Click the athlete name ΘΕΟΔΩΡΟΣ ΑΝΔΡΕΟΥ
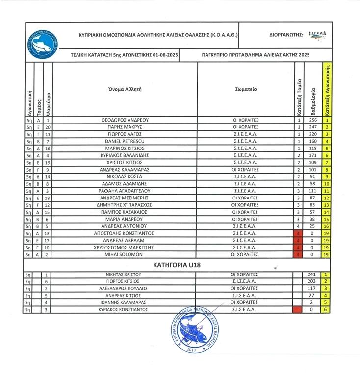125,120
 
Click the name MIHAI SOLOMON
125,255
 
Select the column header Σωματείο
246,90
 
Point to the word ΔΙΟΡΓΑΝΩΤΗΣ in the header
286,35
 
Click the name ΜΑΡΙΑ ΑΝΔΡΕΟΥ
125,220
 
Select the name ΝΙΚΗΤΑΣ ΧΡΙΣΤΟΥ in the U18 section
125,274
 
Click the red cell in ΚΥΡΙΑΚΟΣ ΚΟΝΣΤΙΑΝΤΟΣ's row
296,310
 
